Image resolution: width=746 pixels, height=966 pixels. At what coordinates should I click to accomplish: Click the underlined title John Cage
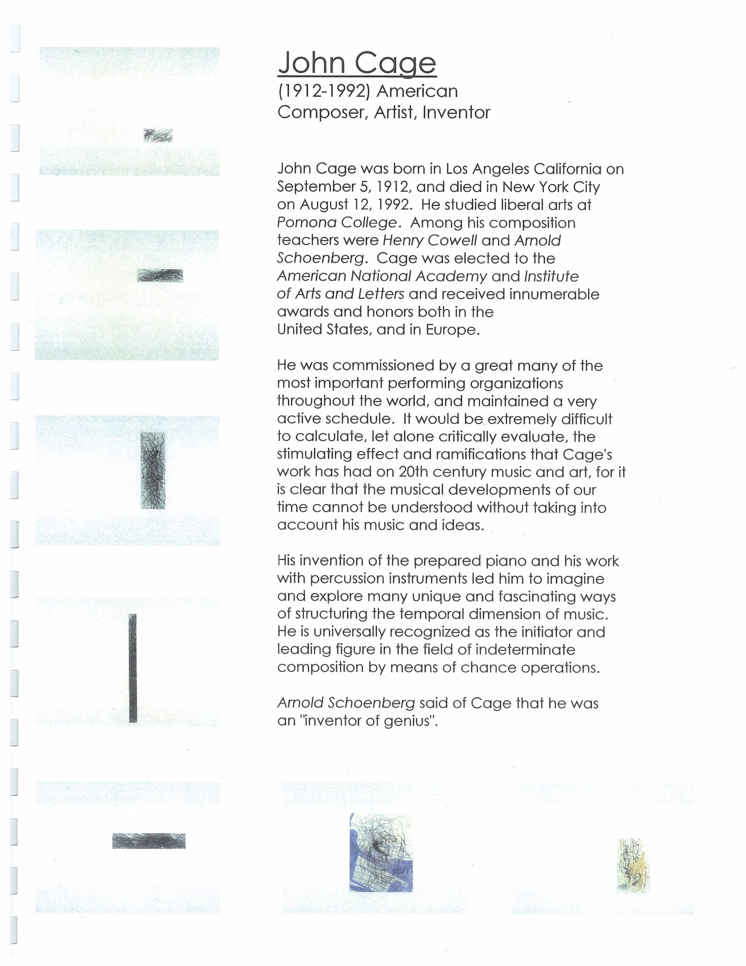tap(357, 63)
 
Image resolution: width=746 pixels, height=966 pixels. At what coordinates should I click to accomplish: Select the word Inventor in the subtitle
tap(456, 113)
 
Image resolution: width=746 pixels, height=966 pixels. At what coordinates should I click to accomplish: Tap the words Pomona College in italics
tap(336, 223)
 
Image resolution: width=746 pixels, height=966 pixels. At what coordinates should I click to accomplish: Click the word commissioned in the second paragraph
tap(389, 366)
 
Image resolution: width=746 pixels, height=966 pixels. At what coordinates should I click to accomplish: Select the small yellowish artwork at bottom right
tap(633, 865)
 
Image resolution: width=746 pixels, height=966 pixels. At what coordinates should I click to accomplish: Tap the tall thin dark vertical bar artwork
tap(133, 668)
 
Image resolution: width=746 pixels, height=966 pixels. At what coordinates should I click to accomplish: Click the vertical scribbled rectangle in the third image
tap(153, 470)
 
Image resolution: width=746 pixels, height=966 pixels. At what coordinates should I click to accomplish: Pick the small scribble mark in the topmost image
tap(158, 135)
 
